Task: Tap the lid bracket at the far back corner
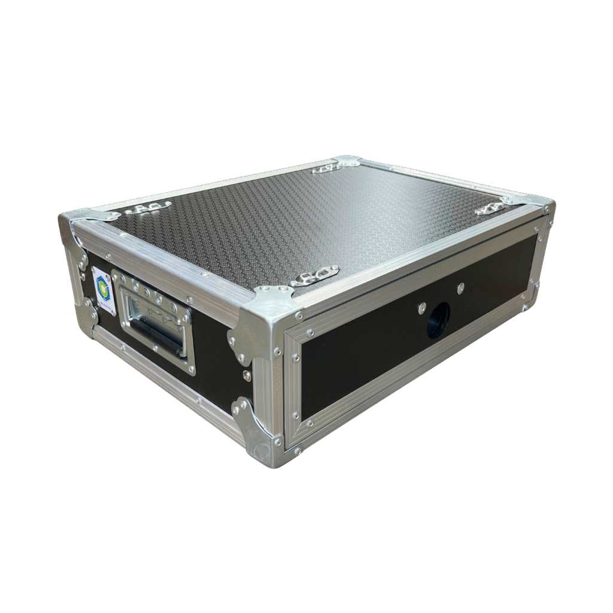point(326,168)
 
